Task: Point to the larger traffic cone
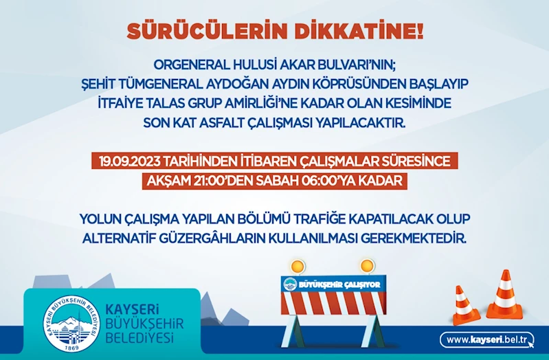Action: pos(504,295)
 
